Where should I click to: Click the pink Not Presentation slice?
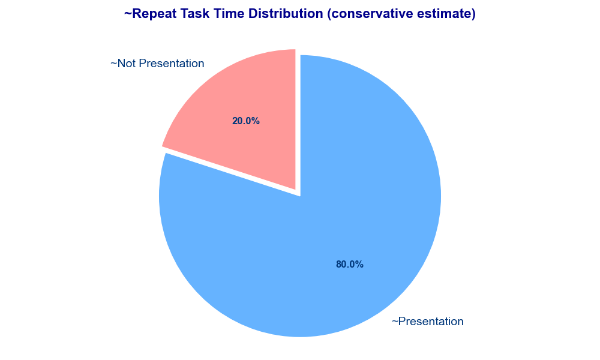pos(245,115)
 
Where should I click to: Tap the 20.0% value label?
pos(245,121)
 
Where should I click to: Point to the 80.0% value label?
pos(350,265)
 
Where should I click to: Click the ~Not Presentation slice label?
pos(157,64)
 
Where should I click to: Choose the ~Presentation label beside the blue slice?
pos(427,322)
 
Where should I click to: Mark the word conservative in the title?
pos(371,14)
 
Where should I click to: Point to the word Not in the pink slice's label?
pos(127,64)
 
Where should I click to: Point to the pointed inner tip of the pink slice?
pos(295,190)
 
